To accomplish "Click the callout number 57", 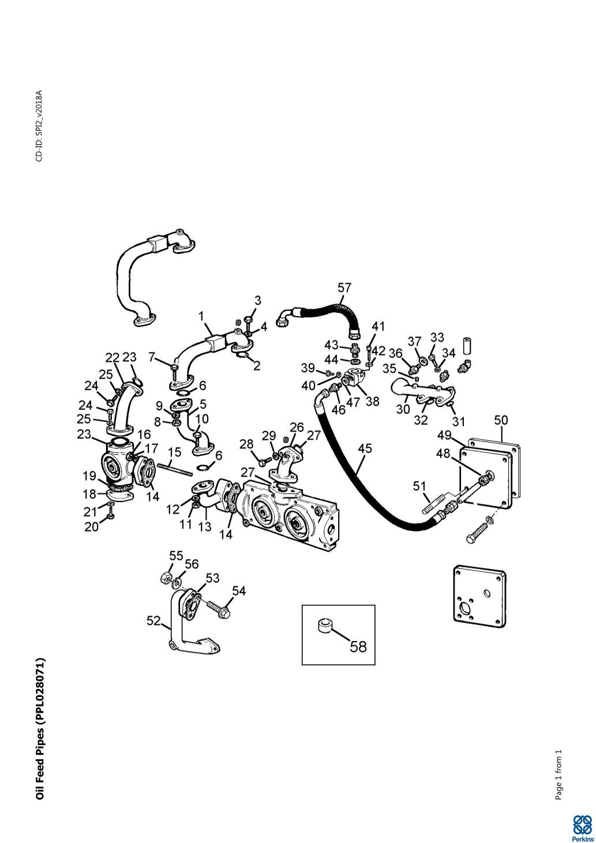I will coord(344,287).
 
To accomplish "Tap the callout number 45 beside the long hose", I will coord(365,448).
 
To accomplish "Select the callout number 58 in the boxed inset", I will coord(358,646).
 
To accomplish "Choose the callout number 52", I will coord(153,620).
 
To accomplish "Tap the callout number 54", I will coord(239,590).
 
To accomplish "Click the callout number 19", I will coord(89,476).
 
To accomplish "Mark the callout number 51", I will coord(420,486).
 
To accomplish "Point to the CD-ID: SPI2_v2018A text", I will coord(39,126).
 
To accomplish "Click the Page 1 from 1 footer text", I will coord(558,774).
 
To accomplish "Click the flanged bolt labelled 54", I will coord(217,608).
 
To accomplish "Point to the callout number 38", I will coord(373,400).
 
